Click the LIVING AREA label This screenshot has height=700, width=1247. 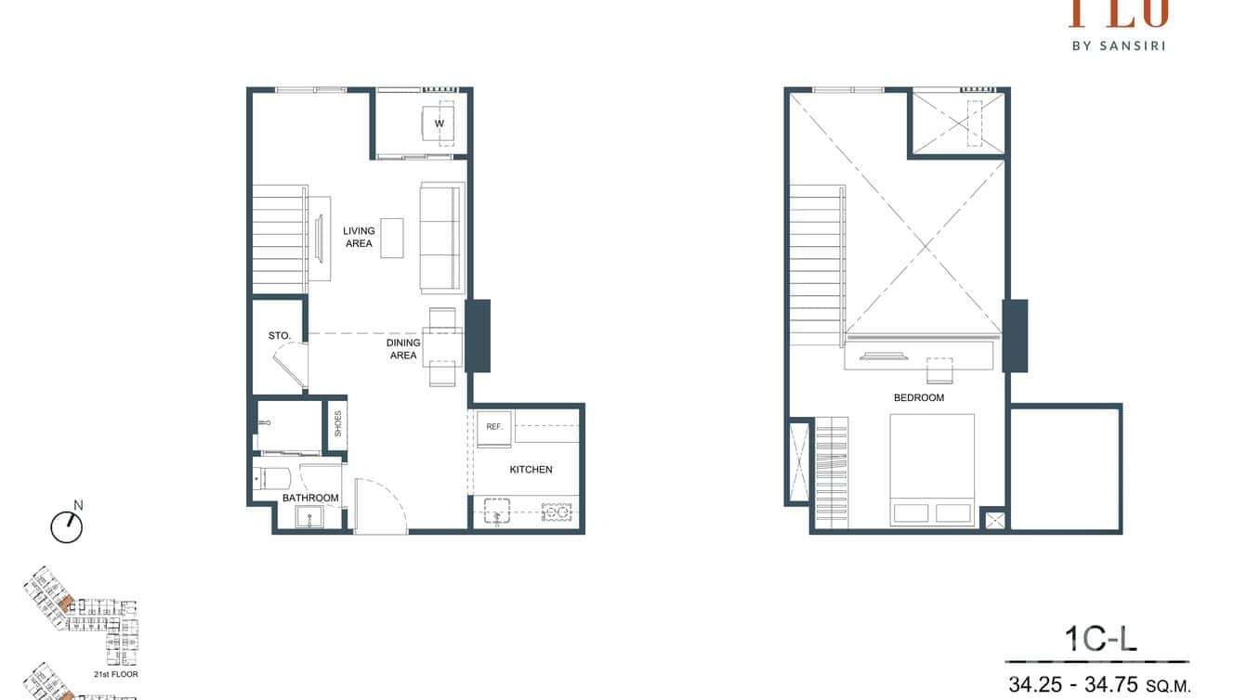[359, 237]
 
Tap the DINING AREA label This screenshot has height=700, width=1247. [403, 349]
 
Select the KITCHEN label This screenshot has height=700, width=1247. [531, 470]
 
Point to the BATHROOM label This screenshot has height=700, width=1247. [309, 499]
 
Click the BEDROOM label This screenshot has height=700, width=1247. [918, 398]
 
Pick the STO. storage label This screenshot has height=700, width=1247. [280, 335]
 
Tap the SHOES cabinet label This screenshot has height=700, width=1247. [338, 423]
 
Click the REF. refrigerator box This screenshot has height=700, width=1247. [493, 427]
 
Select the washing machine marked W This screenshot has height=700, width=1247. [440, 123]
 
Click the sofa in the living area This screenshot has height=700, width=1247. [441, 238]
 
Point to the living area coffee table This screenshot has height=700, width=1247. [392, 238]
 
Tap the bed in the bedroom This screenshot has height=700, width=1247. [932, 470]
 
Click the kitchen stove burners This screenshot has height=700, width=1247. [556, 512]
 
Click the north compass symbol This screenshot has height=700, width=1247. [67, 526]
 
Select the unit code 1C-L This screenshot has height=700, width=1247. [1100, 640]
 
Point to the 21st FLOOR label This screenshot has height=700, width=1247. [116, 674]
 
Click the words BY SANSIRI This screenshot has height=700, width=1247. [1118, 44]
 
